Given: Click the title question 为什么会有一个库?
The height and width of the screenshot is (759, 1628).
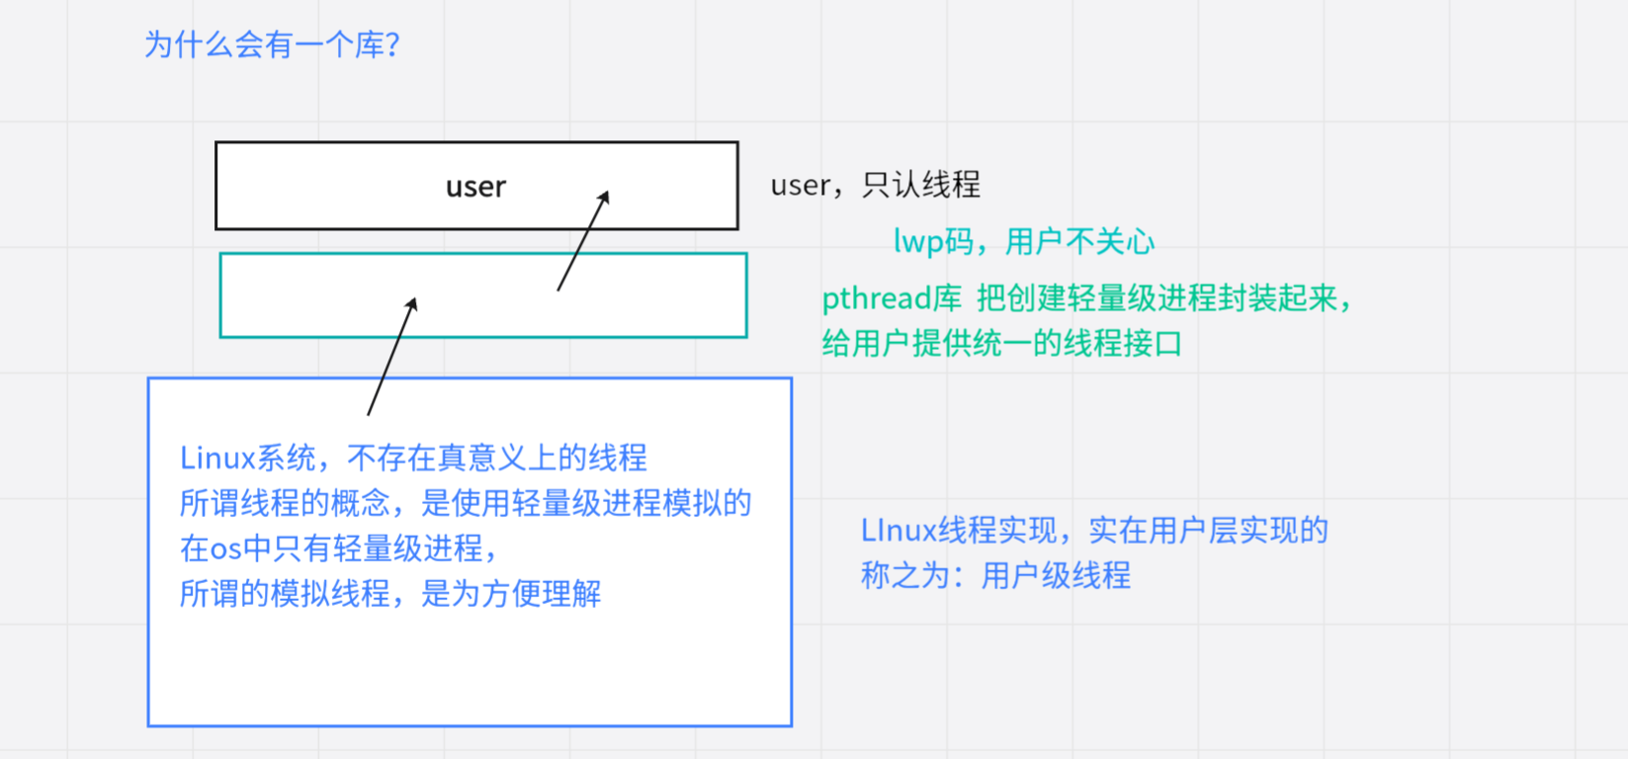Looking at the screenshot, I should tap(272, 45).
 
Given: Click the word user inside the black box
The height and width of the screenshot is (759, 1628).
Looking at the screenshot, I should tap(475, 187).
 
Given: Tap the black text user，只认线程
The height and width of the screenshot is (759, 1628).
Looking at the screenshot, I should tap(875, 185).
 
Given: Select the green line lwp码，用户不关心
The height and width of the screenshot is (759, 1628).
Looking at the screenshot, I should tap(1023, 242).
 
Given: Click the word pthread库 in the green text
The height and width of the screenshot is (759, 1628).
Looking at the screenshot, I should tap(892, 298).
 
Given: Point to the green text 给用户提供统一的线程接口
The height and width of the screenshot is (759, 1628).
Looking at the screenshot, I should tap(1001, 344).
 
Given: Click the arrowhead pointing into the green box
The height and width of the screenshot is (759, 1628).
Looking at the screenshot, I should tap(412, 304).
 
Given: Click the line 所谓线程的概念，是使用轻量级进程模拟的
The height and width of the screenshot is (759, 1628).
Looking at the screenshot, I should tap(465, 504).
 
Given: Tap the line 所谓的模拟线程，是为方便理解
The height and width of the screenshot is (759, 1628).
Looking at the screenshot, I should tap(389, 594).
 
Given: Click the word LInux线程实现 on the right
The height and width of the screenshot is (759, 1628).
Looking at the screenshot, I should tap(959, 532).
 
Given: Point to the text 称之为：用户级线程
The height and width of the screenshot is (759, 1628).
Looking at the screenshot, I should tap(995, 576).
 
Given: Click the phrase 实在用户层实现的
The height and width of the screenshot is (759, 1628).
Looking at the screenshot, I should tap(1208, 532).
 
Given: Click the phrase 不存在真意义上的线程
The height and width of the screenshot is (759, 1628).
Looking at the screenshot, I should tap(497, 459).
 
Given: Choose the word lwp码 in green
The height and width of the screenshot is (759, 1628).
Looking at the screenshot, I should tap(933, 242).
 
